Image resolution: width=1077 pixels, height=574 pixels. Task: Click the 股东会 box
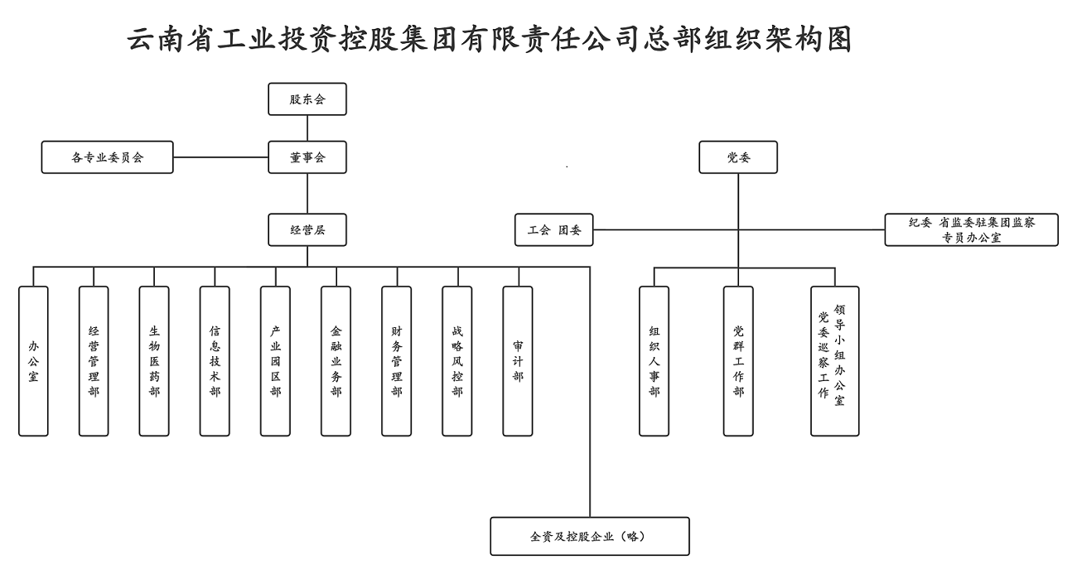tap(307, 99)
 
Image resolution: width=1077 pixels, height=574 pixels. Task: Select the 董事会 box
tap(307, 157)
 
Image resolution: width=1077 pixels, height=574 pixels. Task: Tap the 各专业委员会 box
tap(108, 157)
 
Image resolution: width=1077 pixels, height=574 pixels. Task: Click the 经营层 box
tap(307, 230)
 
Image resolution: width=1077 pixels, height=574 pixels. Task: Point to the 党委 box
tap(738, 157)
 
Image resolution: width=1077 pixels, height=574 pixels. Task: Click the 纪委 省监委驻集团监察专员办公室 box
tap(971, 230)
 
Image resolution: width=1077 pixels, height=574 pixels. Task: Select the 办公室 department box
tap(34, 361)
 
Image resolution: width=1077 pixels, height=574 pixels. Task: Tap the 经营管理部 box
tap(94, 361)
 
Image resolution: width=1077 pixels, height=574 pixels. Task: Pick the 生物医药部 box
tap(154, 361)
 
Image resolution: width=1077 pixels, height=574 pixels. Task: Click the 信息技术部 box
tap(215, 361)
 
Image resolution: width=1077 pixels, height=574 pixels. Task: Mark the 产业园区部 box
tap(275, 361)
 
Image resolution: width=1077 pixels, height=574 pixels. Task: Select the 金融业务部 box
tap(336, 361)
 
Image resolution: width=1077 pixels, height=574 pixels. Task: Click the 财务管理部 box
tap(396, 361)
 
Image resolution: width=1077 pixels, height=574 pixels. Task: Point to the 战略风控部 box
tap(456, 361)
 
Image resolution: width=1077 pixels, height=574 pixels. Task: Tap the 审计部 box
tap(518, 361)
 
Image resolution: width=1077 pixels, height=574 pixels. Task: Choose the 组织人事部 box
tap(654, 361)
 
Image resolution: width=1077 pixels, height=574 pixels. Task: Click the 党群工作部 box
tap(738, 361)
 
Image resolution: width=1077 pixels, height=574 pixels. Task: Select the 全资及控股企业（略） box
tap(590, 536)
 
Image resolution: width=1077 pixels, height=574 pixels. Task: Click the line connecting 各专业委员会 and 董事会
tap(221, 157)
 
